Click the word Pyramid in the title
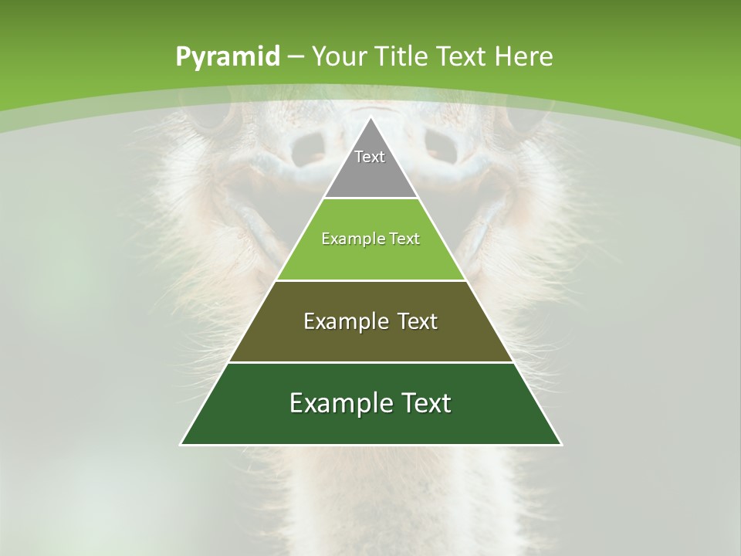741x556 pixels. point(227,57)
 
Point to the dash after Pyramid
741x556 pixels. point(296,57)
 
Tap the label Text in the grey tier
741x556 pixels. point(370,157)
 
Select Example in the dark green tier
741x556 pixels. point(330,403)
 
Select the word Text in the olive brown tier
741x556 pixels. point(410,321)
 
